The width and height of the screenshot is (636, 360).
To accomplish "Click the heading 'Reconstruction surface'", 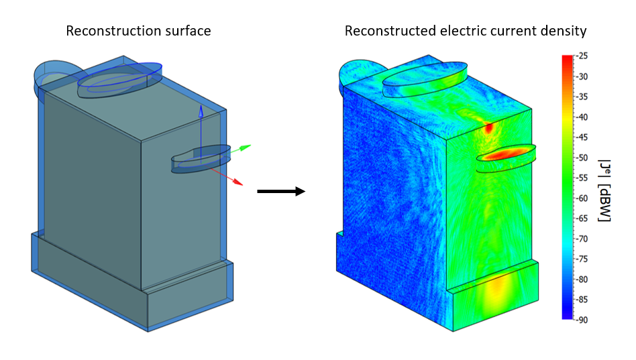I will click(138, 31).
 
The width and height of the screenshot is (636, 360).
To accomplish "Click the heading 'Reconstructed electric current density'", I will click(466, 31).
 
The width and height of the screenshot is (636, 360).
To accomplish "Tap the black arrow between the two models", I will click(281, 192).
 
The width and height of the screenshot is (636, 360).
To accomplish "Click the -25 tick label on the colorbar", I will click(582, 56).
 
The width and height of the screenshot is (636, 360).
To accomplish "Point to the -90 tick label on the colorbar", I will click(582, 320).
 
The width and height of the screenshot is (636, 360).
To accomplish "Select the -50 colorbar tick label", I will click(582, 158).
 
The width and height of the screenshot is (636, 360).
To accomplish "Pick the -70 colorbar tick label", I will click(582, 239).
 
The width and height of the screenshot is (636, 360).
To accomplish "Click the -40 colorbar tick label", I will click(582, 117).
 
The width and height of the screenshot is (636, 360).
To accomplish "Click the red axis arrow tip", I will click(240, 183).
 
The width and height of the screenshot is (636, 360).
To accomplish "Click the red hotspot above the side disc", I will click(489, 127).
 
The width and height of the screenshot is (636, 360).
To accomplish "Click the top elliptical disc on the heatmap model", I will click(424, 80).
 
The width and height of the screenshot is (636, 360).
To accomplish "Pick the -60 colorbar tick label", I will click(582, 198).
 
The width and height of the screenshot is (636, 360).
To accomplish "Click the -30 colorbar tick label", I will click(582, 76).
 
